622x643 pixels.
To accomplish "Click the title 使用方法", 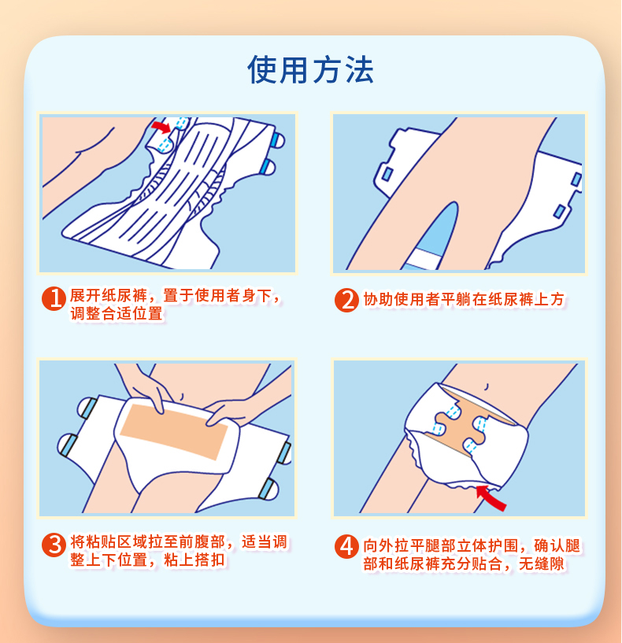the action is tap(310, 70).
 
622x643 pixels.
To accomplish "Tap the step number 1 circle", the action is tap(54, 298).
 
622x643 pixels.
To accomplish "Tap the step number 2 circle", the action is tap(346, 300).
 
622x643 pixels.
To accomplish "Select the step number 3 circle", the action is tap(54, 545).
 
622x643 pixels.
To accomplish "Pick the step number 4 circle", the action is tap(346, 547).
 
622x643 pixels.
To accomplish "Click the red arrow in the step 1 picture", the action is tap(161, 126).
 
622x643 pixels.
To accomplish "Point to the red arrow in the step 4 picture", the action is tap(491, 497).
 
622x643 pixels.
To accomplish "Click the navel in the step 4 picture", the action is tap(487, 386).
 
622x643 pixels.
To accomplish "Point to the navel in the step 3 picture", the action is tap(182, 397).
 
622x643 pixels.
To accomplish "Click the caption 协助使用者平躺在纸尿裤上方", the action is tap(464, 299).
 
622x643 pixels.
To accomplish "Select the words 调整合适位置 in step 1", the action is tap(117, 313).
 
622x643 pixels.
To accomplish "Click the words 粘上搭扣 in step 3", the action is tap(195, 560).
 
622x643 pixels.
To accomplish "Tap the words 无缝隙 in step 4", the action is tap(542, 564).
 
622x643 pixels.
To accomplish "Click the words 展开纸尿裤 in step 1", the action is tap(109, 295).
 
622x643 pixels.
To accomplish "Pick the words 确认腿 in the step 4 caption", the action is tap(557, 546).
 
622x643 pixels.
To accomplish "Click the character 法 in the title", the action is tap(359, 70).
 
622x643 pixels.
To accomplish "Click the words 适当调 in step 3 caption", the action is tap(265, 541).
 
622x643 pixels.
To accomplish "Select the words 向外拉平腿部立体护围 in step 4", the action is tap(441, 546).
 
